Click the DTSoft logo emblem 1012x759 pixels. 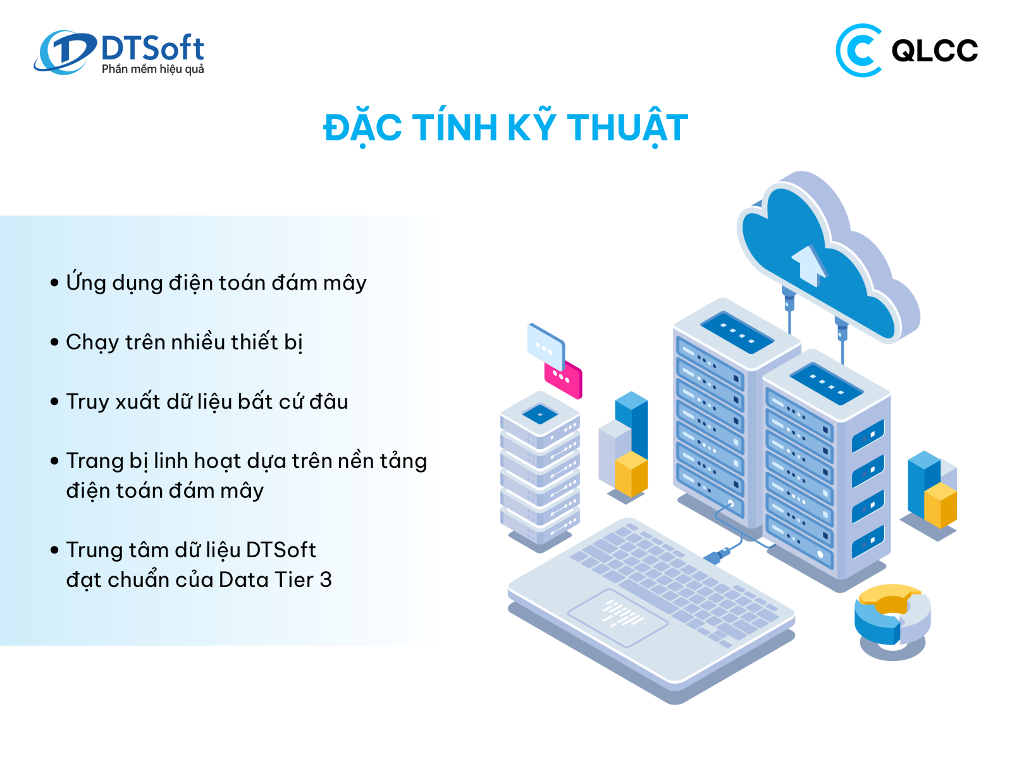pos(65,52)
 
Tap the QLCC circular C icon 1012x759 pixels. pos(858,50)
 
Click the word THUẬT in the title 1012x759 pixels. pos(627,128)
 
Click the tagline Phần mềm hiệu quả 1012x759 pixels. pos(152,69)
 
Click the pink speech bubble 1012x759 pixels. pos(563,378)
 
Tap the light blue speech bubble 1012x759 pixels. pos(546,346)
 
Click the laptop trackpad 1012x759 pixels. pos(617,617)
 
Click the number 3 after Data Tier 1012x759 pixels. pos(326,580)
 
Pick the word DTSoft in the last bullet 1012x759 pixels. pos(281,550)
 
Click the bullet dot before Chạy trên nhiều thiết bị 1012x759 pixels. pos(54,342)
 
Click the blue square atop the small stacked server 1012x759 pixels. pos(540,414)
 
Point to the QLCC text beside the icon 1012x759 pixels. pos(935,50)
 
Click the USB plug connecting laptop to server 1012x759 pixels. pos(718,555)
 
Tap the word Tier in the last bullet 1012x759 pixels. pos(294,580)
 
